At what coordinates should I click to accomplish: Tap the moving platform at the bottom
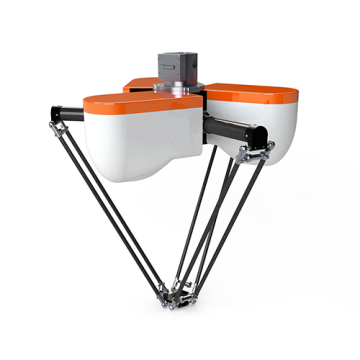point(179,294)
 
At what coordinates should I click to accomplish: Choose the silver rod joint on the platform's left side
point(164,292)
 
